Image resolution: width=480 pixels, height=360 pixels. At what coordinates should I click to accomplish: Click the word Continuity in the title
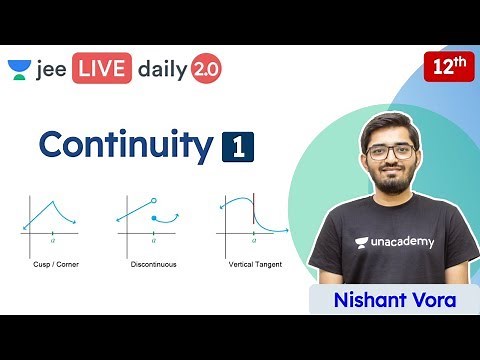pos(125,145)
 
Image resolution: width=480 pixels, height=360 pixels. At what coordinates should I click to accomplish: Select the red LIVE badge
pos(96,69)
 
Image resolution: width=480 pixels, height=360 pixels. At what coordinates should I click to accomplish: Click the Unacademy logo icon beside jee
pos(19,70)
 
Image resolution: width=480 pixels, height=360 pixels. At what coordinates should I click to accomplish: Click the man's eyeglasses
pos(390,152)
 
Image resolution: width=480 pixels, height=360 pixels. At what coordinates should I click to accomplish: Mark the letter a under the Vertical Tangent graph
pos(253,241)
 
